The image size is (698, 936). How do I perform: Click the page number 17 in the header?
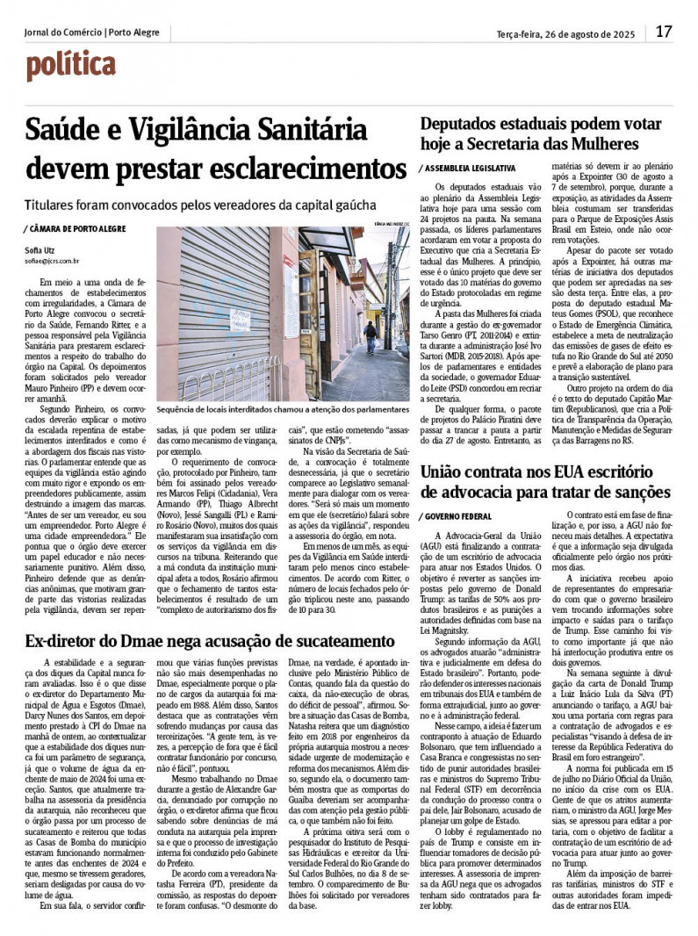coord(664,32)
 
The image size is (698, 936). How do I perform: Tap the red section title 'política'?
coord(70,65)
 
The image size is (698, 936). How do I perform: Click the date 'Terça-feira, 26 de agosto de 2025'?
coord(565,33)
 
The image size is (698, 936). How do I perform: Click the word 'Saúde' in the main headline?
coord(67,131)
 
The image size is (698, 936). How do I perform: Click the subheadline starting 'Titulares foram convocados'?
coord(200,205)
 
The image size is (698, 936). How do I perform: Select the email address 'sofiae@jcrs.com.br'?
coord(52,261)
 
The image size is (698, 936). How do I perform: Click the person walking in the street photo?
coord(371,335)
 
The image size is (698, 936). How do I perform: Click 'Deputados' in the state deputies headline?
coord(466,125)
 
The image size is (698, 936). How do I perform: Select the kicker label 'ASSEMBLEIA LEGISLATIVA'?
coord(469,167)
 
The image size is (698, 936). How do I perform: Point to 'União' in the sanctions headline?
coord(447,471)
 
